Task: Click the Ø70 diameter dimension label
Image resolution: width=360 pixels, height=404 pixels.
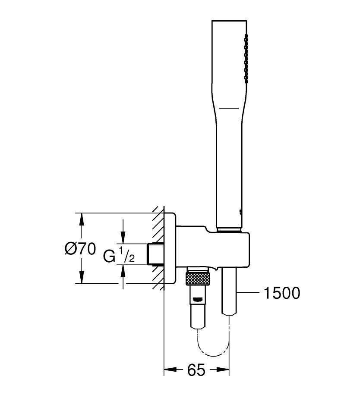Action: [80, 249]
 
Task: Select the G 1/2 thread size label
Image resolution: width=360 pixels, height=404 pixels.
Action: [119, 254]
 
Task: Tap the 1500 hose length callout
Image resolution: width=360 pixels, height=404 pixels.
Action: [282, 293]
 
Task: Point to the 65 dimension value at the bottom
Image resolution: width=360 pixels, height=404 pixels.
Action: [196, 370]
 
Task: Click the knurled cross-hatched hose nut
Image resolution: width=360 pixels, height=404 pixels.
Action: [198, 279]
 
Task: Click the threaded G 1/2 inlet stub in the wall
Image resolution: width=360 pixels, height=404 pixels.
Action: [155, 254]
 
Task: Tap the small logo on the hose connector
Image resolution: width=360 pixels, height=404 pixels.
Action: [198, 299]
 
